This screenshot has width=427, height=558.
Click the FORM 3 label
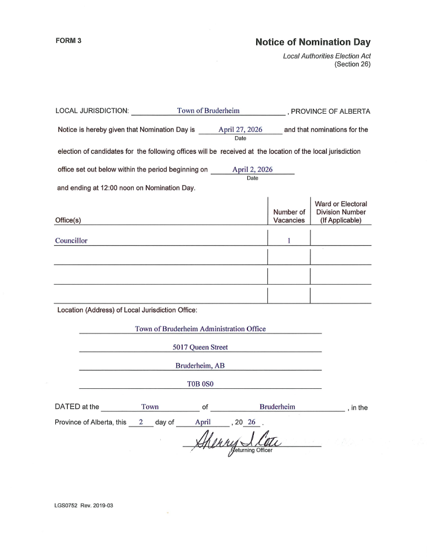tap(68, 42)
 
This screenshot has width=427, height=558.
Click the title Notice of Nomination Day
tap(313, 42)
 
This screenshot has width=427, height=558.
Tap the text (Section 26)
tap(352, 64)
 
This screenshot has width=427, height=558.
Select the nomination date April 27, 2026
tap(240, 129)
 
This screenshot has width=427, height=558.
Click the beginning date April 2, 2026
tap(252, 169)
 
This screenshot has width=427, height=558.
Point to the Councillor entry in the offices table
tap(71, 240)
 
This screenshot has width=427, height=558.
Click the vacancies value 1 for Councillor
tap(289, 240)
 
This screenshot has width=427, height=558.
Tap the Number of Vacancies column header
tap(289, 216)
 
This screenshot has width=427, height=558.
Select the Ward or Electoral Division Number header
tap(341, 212)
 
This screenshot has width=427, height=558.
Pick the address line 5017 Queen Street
tap(200, 347)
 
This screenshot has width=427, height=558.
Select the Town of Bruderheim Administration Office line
tap(200, 329)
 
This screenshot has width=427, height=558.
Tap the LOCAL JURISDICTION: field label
tap(91, 111)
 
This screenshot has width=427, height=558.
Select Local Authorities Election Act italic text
tap(326, 56)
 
